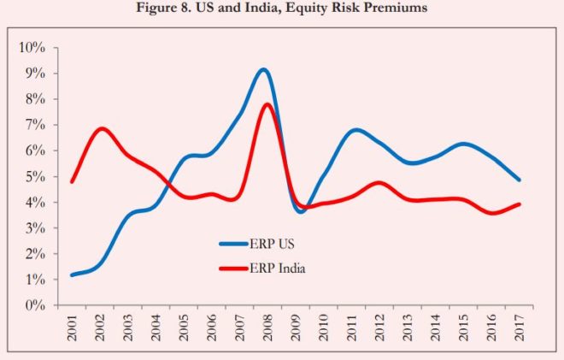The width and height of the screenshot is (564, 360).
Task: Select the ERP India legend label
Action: pyautogui.click(x=279, y=269)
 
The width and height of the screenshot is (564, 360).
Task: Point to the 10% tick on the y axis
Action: pyautogui.click(x=34, y=48)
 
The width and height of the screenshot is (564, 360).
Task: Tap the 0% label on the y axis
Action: pyautogui.click(x=38, y=305)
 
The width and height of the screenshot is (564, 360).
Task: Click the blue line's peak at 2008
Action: pyautogui.click(x=264, y=70)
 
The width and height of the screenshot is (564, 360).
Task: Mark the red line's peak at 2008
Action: pyautogui.click(x=267, y=104)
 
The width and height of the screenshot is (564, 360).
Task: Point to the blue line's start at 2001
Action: pyautogui.click(x=72, y=275)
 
